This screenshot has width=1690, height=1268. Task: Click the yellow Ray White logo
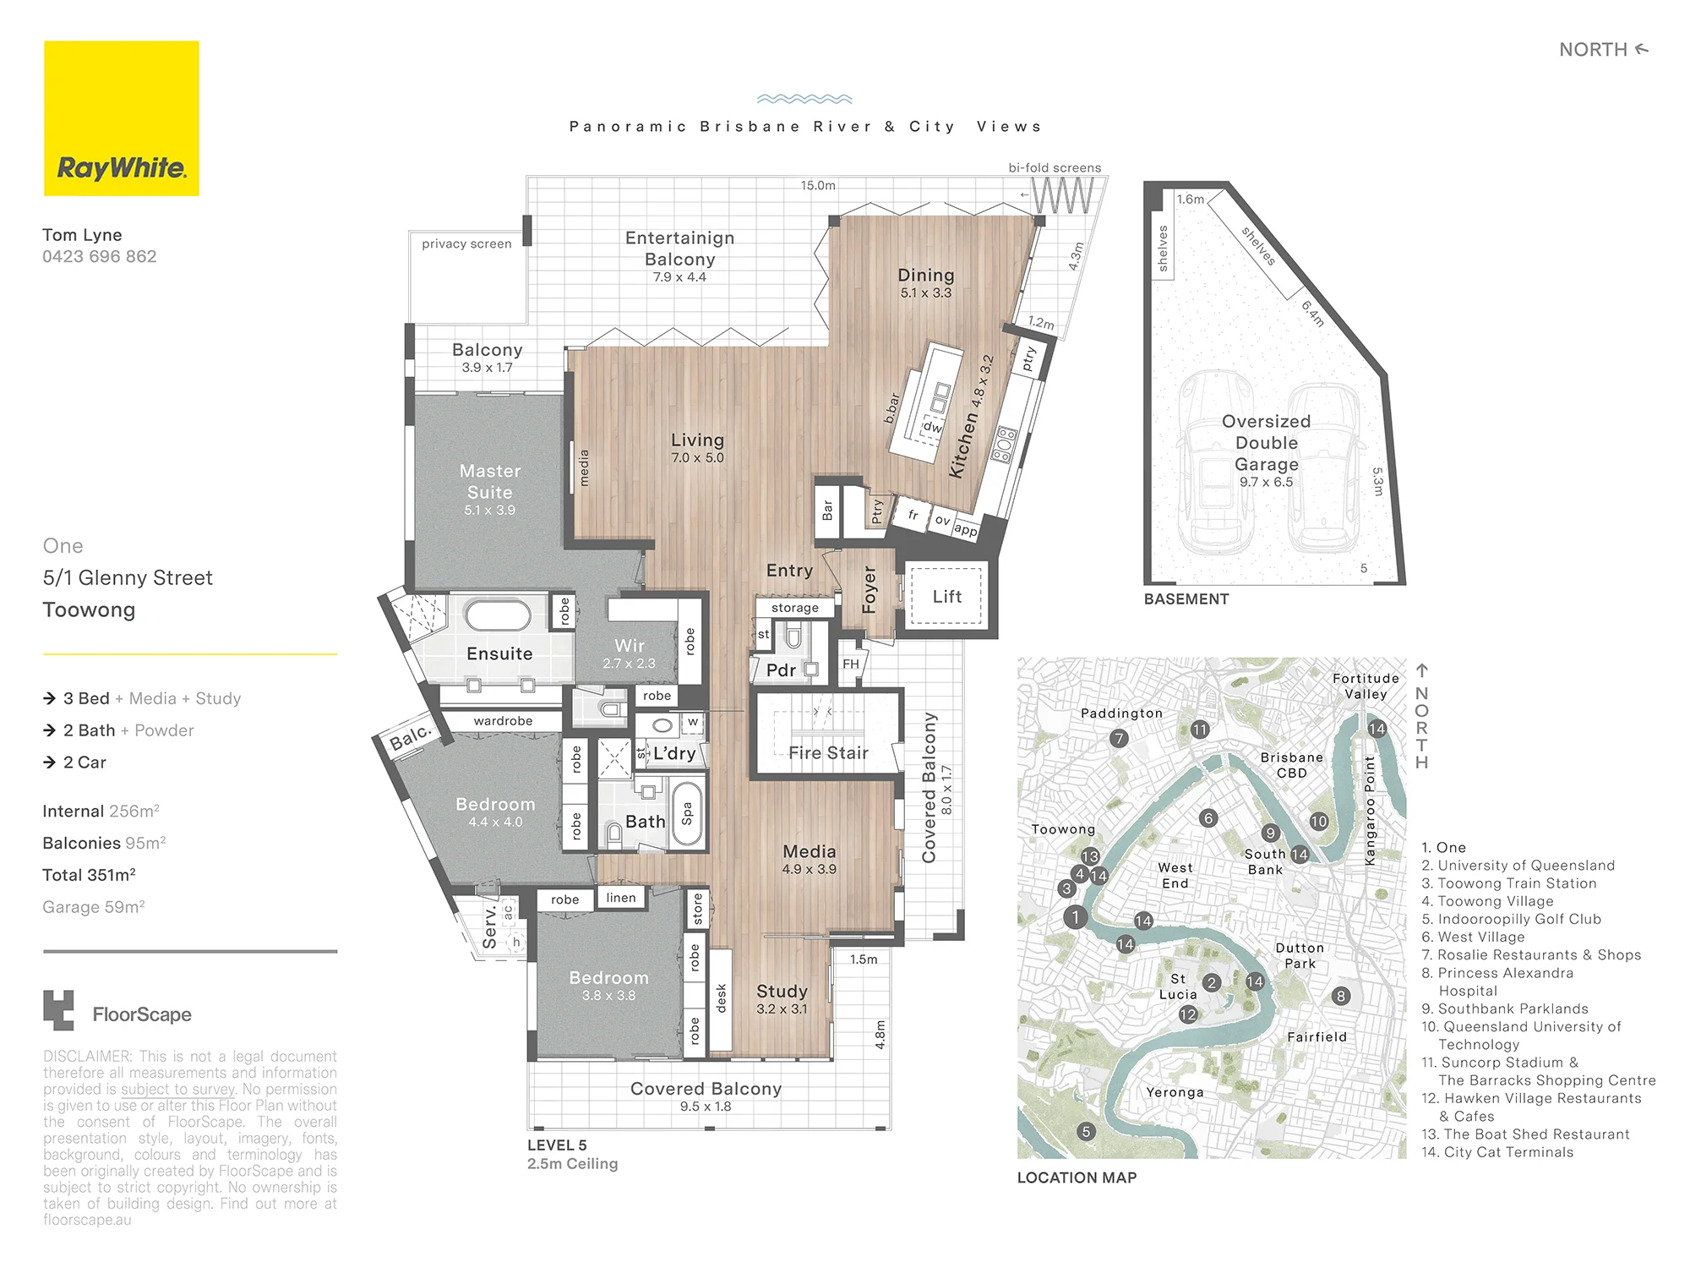coord(122,118)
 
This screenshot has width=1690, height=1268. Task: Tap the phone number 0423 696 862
coord(100,256)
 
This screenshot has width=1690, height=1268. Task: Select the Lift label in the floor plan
coord(947,597)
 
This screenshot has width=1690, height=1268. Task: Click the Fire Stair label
coord(828,753)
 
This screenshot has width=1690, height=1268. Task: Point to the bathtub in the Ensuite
coord(498,615)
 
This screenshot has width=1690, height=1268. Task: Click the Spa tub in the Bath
coord(686,813)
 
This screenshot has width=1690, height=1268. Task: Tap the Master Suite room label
coord(490,482)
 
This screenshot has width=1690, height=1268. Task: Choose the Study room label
coord(782,991)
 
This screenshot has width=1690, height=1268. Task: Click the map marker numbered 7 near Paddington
coord(1119,738)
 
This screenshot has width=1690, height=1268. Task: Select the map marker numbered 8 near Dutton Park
coord(1341,996)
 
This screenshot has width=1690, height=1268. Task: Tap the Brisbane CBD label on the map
coord(1291,765)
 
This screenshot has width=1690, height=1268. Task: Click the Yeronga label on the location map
coord(1175,1092)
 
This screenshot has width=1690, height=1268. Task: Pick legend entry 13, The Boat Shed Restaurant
coord(1525,1134)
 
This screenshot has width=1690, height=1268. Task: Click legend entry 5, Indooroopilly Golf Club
coord(1511,919)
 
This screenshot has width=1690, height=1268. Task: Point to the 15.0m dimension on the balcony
coord(818,185)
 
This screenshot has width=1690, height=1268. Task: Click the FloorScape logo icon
coord(58,1010)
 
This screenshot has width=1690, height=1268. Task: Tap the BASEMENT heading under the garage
coord(1186,599)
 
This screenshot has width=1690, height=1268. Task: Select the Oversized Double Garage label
coord(1267,443)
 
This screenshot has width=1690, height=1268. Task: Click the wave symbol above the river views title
coord(804,99)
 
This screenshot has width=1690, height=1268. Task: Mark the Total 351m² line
coord(90,875)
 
